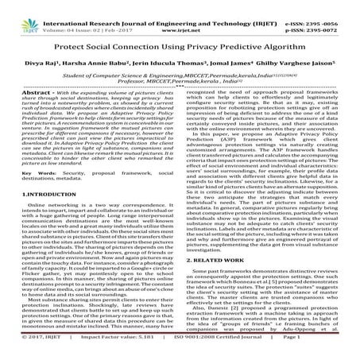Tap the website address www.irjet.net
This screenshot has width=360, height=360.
pos(180,15)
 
